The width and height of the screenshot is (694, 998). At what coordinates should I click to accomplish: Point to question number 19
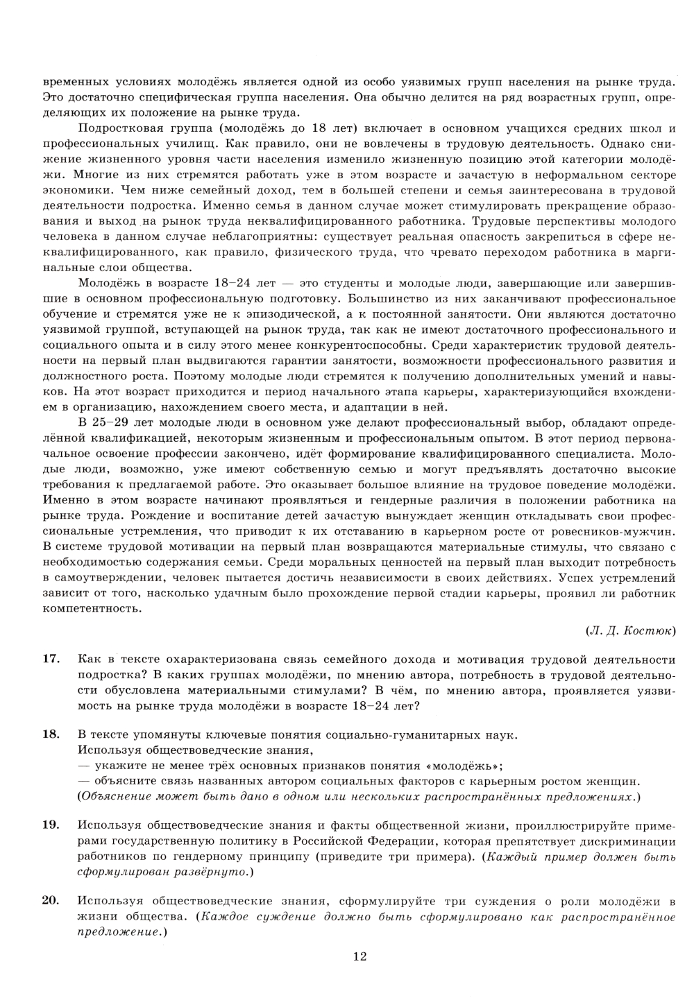[51, 825]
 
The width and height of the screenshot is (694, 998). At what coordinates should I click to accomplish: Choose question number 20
[51, 901]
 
